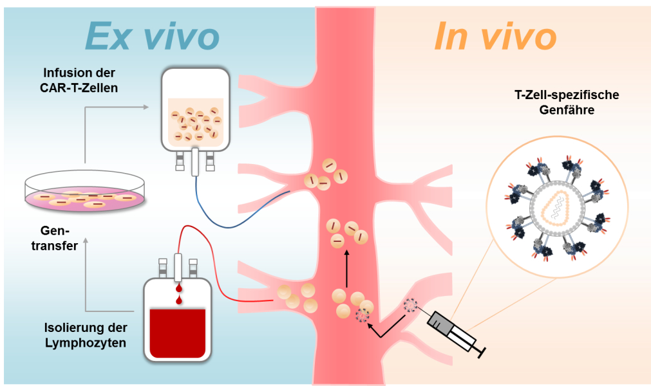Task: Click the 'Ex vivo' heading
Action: click(152, 36)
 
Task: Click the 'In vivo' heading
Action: click(495, 36)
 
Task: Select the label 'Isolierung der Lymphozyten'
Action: click(86, 335)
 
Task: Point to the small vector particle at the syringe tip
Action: click(410, 306)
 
